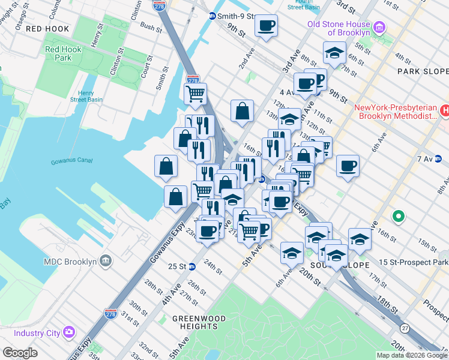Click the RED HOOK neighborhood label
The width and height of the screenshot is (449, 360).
(x=47, y=29)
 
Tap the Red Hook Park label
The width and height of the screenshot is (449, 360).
(x=59, y=54)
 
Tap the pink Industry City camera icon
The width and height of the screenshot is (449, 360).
(x=69, y=332)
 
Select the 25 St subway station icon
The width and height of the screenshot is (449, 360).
(x=191, y=266)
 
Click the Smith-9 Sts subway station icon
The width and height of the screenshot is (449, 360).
(x=212, y=16)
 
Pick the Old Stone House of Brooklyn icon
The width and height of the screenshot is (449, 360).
(x=379, y=28)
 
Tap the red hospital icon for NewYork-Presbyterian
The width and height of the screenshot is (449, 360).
(x=445, y=110)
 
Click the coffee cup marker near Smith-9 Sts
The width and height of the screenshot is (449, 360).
(x=266, y=26)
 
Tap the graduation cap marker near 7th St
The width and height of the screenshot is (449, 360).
(x=334, y=53)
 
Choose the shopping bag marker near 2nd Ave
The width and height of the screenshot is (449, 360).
(x=242, y=111)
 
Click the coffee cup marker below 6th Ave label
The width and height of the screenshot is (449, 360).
(x=348, y=166)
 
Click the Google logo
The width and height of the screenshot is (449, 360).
(x=20, y=353)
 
